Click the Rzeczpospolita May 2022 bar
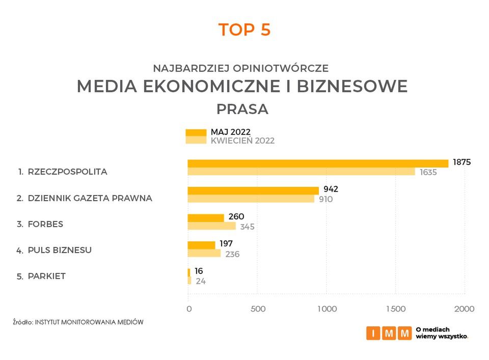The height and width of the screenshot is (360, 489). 318,163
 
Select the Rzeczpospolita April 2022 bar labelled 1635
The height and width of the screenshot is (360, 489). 302,172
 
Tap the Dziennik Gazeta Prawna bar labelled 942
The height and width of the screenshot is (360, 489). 253,190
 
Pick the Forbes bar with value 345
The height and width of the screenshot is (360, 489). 212,226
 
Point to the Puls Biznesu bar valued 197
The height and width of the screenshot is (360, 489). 202,245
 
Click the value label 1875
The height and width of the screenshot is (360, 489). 461,162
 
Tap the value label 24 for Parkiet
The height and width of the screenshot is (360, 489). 201,281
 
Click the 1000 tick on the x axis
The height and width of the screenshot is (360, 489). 327,309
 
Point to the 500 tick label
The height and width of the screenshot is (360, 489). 258,309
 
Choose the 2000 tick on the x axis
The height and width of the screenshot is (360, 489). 465,309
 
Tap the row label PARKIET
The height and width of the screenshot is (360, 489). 47,276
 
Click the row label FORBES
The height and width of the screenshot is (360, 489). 46,224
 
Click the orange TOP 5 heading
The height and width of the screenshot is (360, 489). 244,30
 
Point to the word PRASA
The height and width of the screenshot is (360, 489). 242,109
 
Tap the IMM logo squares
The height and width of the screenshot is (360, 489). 389,333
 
